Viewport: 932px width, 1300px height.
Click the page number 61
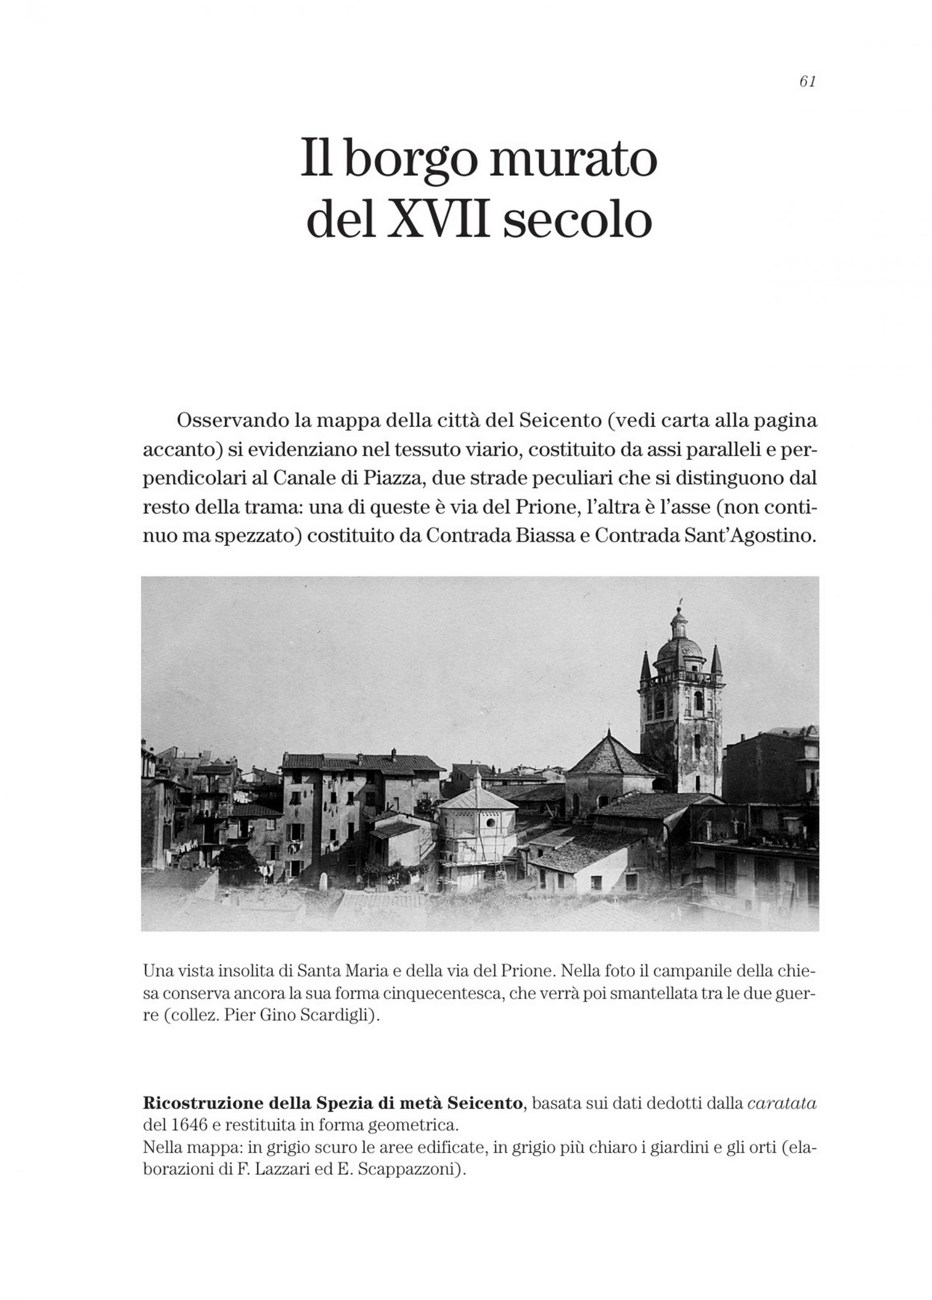pyautogui.click(x=807, y=82)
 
